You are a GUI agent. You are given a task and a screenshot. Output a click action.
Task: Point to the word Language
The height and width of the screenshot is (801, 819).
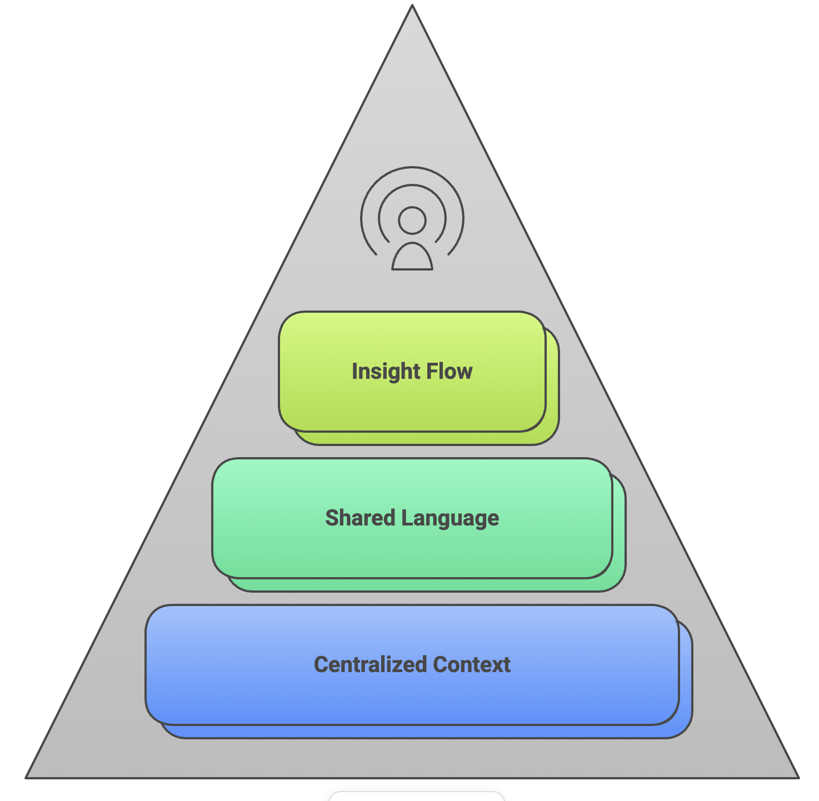[x=450, y=518]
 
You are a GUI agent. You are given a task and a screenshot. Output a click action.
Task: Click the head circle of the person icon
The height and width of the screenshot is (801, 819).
[x=412, y=221]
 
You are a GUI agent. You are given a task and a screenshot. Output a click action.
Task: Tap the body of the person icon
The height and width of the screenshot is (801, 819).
[x=412, y=259]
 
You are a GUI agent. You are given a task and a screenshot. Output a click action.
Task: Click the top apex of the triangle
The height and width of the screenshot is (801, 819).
[x=412, y=7]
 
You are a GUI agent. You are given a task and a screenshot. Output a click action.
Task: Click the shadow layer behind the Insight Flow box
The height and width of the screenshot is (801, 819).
[x=552, y=389]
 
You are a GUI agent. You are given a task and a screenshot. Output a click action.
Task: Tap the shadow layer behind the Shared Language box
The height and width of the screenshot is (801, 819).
[x=619, y=533]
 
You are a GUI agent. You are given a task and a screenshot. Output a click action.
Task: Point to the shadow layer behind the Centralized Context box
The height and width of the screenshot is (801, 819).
[x=686, y=680]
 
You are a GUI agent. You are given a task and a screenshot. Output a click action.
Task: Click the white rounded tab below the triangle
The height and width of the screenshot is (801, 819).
[x=417, y=797]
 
